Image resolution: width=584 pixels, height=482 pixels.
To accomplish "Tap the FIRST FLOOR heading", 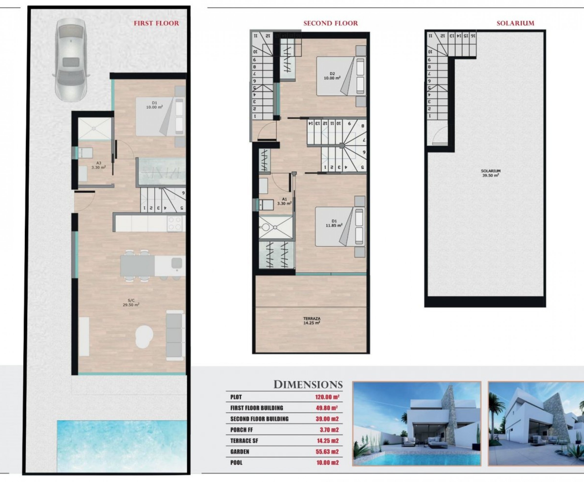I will pyautogui.click(x=156, y=23).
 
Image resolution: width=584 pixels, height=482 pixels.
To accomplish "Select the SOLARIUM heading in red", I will pyautogui.click(x=515, y=23).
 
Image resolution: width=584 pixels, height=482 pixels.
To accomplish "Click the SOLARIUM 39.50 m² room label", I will pyautogui.click(x=490, y=173).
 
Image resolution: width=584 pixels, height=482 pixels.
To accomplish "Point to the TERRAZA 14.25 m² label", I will pyautogui.click(x=312, y=321).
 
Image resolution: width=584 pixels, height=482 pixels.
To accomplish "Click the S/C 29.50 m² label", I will pyautogui.click(x=131, y=303).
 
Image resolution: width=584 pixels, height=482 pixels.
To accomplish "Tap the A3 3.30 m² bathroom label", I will pyautogui.click(x=99, y=165).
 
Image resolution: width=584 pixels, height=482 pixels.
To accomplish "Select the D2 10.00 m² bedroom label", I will pyautogui.click(x=332, y=76).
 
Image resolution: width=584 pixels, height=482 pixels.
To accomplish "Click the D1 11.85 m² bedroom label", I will pyautogui.click(x=334, y=223).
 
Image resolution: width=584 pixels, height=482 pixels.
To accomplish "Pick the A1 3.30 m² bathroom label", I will pyautogui.click(x=284, y=201).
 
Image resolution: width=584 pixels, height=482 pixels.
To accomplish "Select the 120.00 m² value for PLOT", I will pyautogui.click(x=327, y=397).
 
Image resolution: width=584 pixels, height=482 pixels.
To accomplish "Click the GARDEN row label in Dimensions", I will pyautogui.click(x=240, y=452).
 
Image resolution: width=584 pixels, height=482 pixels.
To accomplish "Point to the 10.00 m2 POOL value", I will pyautogui.click(x=327, y=462).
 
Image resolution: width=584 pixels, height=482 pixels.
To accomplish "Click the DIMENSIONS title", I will pyautogui.click(x=308, y=385).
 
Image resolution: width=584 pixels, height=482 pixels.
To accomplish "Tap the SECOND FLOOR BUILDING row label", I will pyautogui.click(x=259, y=419).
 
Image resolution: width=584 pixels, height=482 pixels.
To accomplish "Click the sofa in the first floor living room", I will pyautogui.click(x=175, y=335).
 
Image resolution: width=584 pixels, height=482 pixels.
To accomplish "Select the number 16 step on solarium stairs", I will pyautogui.click(x=473, y=36).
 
